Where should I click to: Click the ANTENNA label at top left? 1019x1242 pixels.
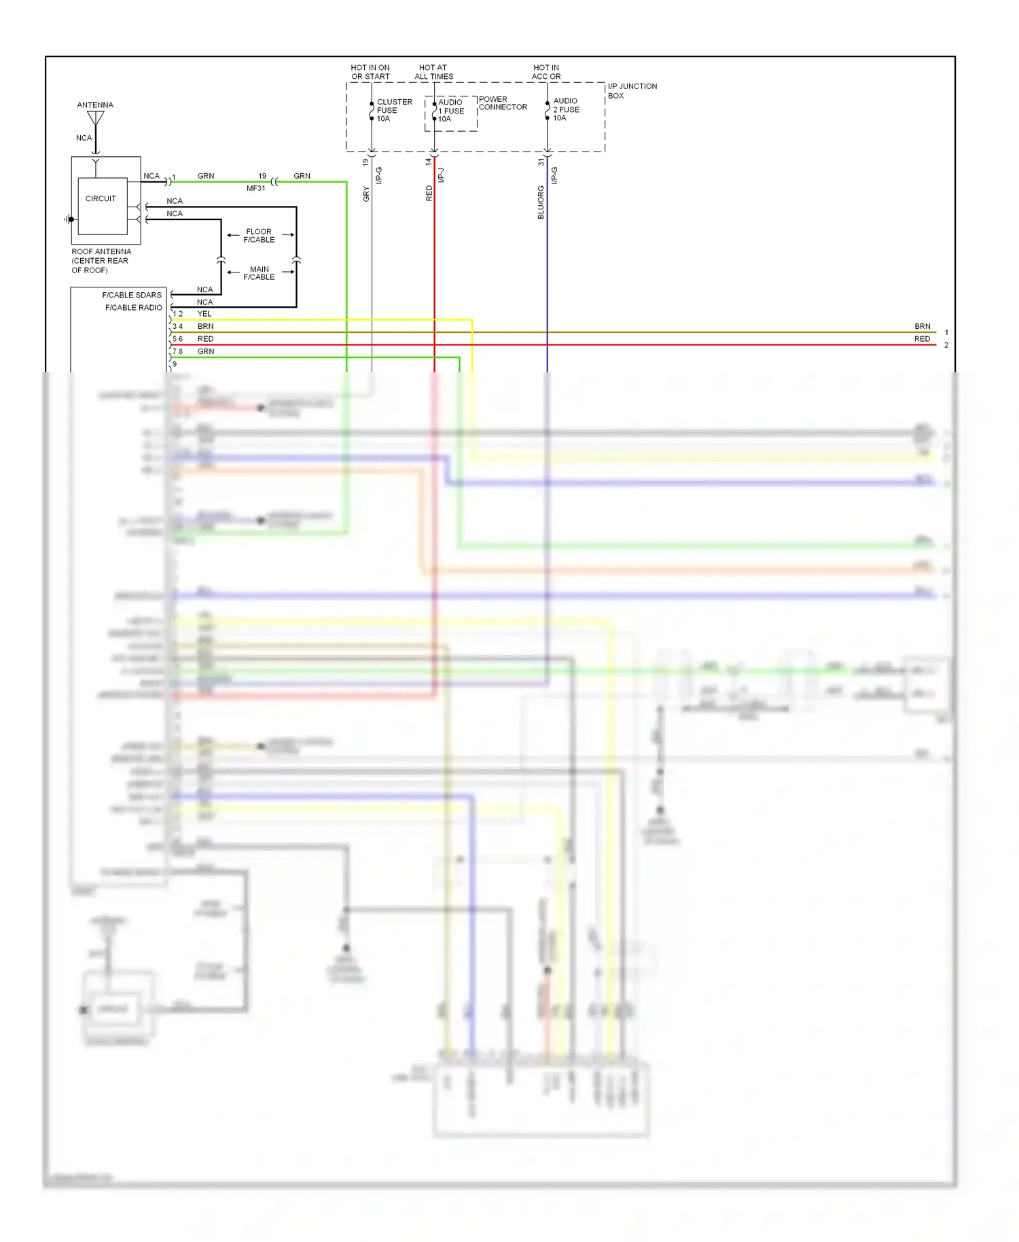(95, 105)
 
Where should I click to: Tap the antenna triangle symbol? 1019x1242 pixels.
(96, 118)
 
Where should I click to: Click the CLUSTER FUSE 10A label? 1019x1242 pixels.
(393, 110)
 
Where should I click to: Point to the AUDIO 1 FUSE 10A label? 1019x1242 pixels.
(452, 111)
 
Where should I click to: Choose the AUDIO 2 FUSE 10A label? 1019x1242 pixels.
(566, 109)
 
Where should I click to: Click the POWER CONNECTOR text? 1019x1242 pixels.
(503, 103)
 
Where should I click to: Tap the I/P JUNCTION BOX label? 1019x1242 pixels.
(632, 91)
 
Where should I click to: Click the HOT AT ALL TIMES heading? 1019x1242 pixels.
(433, 72)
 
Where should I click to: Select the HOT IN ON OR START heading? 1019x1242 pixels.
(370, 72)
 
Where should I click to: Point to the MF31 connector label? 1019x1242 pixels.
(256, 188)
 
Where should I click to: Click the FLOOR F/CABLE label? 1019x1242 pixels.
(259, 236)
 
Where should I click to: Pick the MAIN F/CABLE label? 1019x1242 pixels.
(259, 273)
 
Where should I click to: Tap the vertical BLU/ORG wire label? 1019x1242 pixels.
(541, 202)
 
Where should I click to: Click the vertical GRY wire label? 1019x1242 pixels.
(366, 194)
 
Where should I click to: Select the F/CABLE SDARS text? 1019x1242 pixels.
(132, 295)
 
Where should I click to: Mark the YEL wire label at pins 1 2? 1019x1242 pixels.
(204, 314)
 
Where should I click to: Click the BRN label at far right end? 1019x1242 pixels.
(922, 326)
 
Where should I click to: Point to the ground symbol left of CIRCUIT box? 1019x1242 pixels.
(68, 219)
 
